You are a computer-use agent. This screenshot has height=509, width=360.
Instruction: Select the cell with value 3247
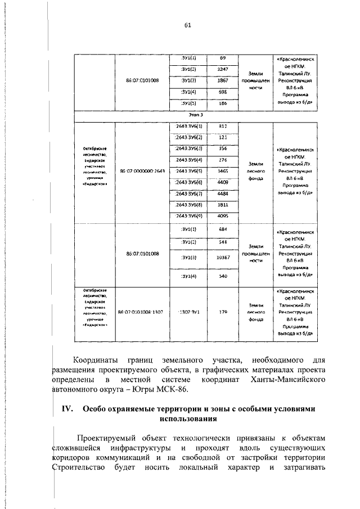pos(222,69)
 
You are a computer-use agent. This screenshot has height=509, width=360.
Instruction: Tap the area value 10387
pos(222,257)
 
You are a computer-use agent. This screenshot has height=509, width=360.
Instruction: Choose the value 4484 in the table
pos(222,194)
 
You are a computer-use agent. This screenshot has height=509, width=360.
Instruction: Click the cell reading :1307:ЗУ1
pos(188,310)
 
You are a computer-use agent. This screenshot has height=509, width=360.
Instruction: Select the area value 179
pos(222,310)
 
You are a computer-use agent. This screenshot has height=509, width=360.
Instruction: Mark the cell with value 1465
pos(222,170)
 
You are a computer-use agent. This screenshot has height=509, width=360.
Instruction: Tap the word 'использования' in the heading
pos(188,419)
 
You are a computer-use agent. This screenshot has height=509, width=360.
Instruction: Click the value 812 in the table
pos(222,126)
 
